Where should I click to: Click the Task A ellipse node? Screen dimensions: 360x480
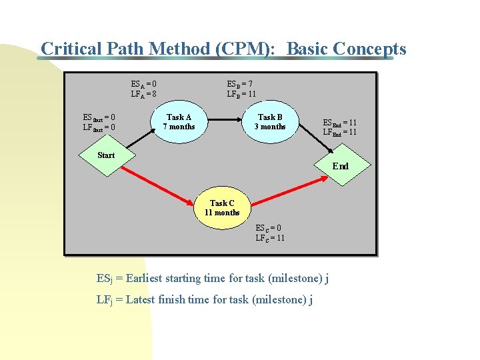179,122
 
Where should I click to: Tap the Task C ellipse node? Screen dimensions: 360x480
222,208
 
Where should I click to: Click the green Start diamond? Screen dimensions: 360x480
106,156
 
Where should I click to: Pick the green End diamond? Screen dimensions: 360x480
341,165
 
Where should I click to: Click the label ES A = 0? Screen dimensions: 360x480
144,85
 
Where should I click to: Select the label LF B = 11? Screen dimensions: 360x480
241,94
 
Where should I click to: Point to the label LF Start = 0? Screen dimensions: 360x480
99,127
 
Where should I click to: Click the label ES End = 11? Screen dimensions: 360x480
339,123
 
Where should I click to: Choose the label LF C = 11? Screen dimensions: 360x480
270,237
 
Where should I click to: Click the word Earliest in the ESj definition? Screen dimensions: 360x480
147,278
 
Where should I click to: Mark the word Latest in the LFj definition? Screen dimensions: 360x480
140,299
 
